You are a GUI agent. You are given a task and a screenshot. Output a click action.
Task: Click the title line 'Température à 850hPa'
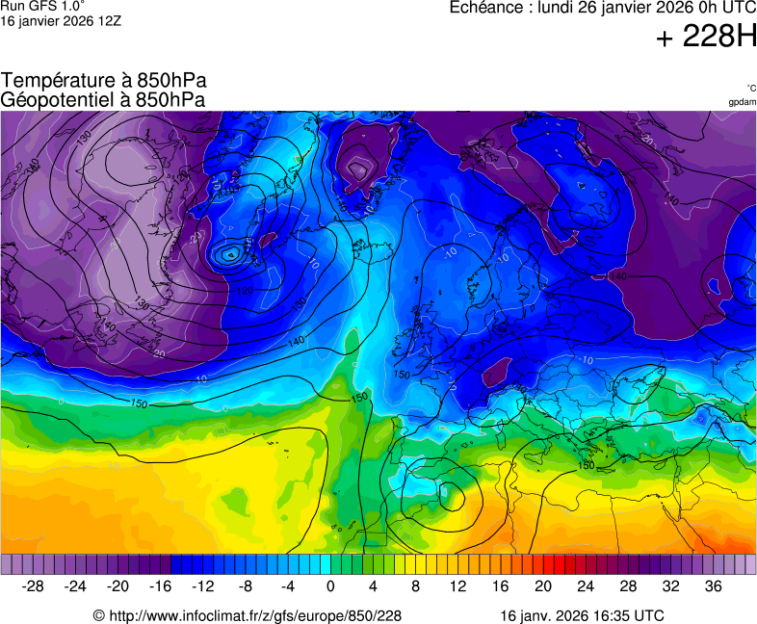pyautogui.click(x=104, y=81)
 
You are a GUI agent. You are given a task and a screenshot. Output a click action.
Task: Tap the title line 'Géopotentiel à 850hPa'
pyautogui.click(x=103, y=99)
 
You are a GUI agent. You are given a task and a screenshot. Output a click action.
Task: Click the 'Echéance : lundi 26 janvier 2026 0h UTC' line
pyautogui.click(x=603, y=8)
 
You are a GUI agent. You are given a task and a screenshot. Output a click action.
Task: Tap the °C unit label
pyautogui.click(x=750, y=88)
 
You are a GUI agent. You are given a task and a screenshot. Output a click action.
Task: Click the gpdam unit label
pyautogui.click(x=742, y=101)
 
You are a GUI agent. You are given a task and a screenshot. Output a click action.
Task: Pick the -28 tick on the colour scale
pyautogui.click(x=34, y=585)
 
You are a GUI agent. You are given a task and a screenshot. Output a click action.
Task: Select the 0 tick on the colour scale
pyautogui.click(x=330, y=585)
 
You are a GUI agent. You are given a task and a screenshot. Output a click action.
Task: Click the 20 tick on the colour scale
pyautogui.click(x=542, y=585)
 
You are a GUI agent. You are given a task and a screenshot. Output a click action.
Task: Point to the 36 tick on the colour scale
pyautogui.click(x=713, y=585)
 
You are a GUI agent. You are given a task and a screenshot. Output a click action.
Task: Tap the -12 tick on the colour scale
pyautogui.click(x=203, y=585)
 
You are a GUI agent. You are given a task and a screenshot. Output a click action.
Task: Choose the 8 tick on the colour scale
pyautogui.click(x=415, y=585)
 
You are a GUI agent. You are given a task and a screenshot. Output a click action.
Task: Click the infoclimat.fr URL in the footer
pyautogui.click(x=247, y=615)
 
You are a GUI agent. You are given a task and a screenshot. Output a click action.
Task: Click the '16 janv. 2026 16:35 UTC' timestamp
pyautogui.click(x=582, y=615)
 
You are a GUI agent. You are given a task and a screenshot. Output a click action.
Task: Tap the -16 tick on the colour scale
pyautogui.click(x=161, y=585)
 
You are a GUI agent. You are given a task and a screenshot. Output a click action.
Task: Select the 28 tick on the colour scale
pyautogui.click(x=628, y=585)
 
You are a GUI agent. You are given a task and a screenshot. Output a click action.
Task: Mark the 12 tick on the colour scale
pyautogui.click(x=457, y=585)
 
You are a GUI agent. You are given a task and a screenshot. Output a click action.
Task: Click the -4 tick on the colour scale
pyautogui.click(x=288, y=585)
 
